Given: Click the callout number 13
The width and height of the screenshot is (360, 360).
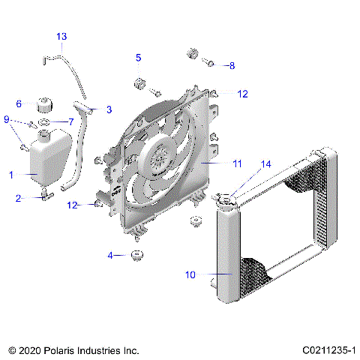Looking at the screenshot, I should pos(61,36).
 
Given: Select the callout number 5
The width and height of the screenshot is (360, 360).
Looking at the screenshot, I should pos(139,58).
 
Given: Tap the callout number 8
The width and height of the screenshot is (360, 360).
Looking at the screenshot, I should pos(232,66).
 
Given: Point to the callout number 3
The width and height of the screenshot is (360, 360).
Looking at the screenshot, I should pos(109,109).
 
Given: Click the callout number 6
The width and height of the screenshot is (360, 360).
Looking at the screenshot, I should pos(19,104).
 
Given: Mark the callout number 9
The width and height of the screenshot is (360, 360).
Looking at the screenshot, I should pos(7,120).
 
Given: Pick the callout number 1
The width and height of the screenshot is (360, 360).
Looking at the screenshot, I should pos(11,175).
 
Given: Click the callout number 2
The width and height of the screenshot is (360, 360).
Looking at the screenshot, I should pos(19,199).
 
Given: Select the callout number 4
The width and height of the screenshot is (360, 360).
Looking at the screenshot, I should pos(110,256).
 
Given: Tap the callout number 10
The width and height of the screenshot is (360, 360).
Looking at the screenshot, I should pos(190,275).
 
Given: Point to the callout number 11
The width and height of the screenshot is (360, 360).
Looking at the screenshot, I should pos(237,162).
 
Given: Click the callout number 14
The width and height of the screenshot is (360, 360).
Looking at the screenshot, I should pos(265,163).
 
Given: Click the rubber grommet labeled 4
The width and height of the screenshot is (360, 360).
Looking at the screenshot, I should pos(137,256).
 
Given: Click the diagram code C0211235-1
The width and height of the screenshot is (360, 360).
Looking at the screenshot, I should pos(328,350).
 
